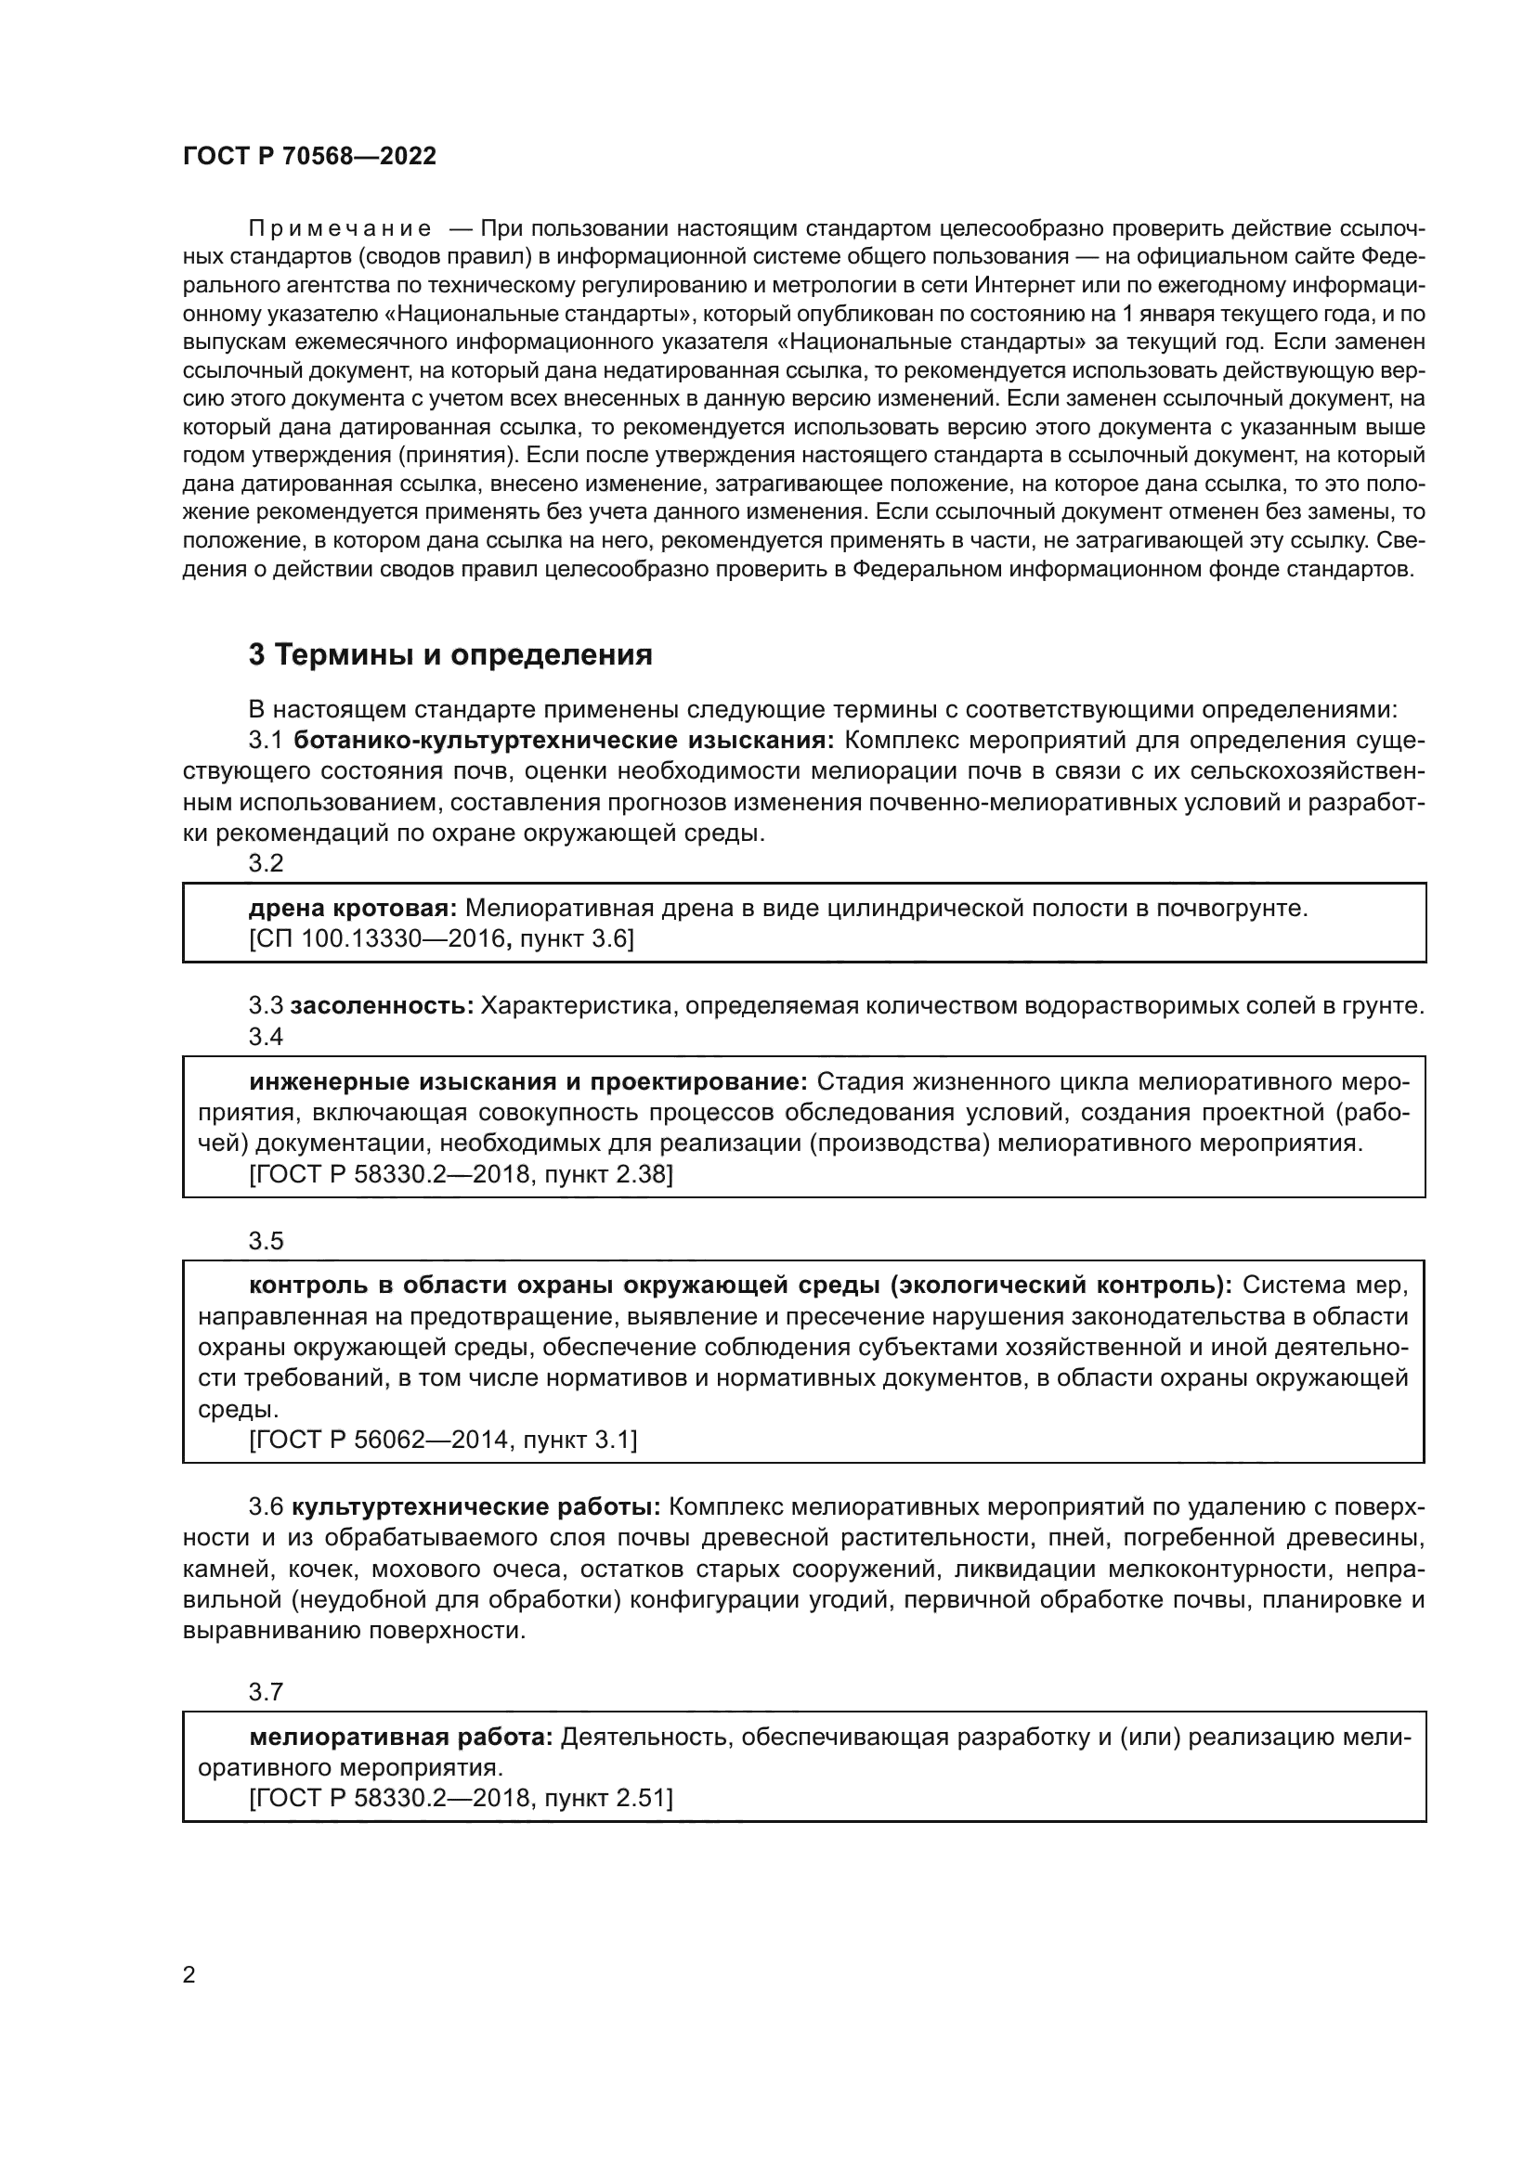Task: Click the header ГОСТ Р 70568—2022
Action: tap(309, 156)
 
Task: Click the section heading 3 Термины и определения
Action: tap(450, 654)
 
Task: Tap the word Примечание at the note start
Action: tap(340, 229)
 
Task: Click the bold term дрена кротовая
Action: tap(353, 909)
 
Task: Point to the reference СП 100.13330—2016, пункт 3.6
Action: tap(441, 939)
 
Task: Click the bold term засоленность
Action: tap(381, 1006)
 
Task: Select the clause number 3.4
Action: tap(266, 1037)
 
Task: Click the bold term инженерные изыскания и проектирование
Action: tap(527, 1081)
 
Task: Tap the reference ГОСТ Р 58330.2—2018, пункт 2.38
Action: tap(461, 1174)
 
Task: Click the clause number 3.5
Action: tap(266, 1241)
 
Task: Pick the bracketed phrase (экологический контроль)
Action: tap(1064, 1285)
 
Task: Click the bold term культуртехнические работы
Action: tap(475, 1506)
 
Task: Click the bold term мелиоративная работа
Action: tap(401, 1737)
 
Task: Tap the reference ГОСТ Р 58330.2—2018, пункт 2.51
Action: tap(461, 1798)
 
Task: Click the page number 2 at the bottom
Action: tap(189, 1975)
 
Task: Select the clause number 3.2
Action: tap(266, 863)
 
